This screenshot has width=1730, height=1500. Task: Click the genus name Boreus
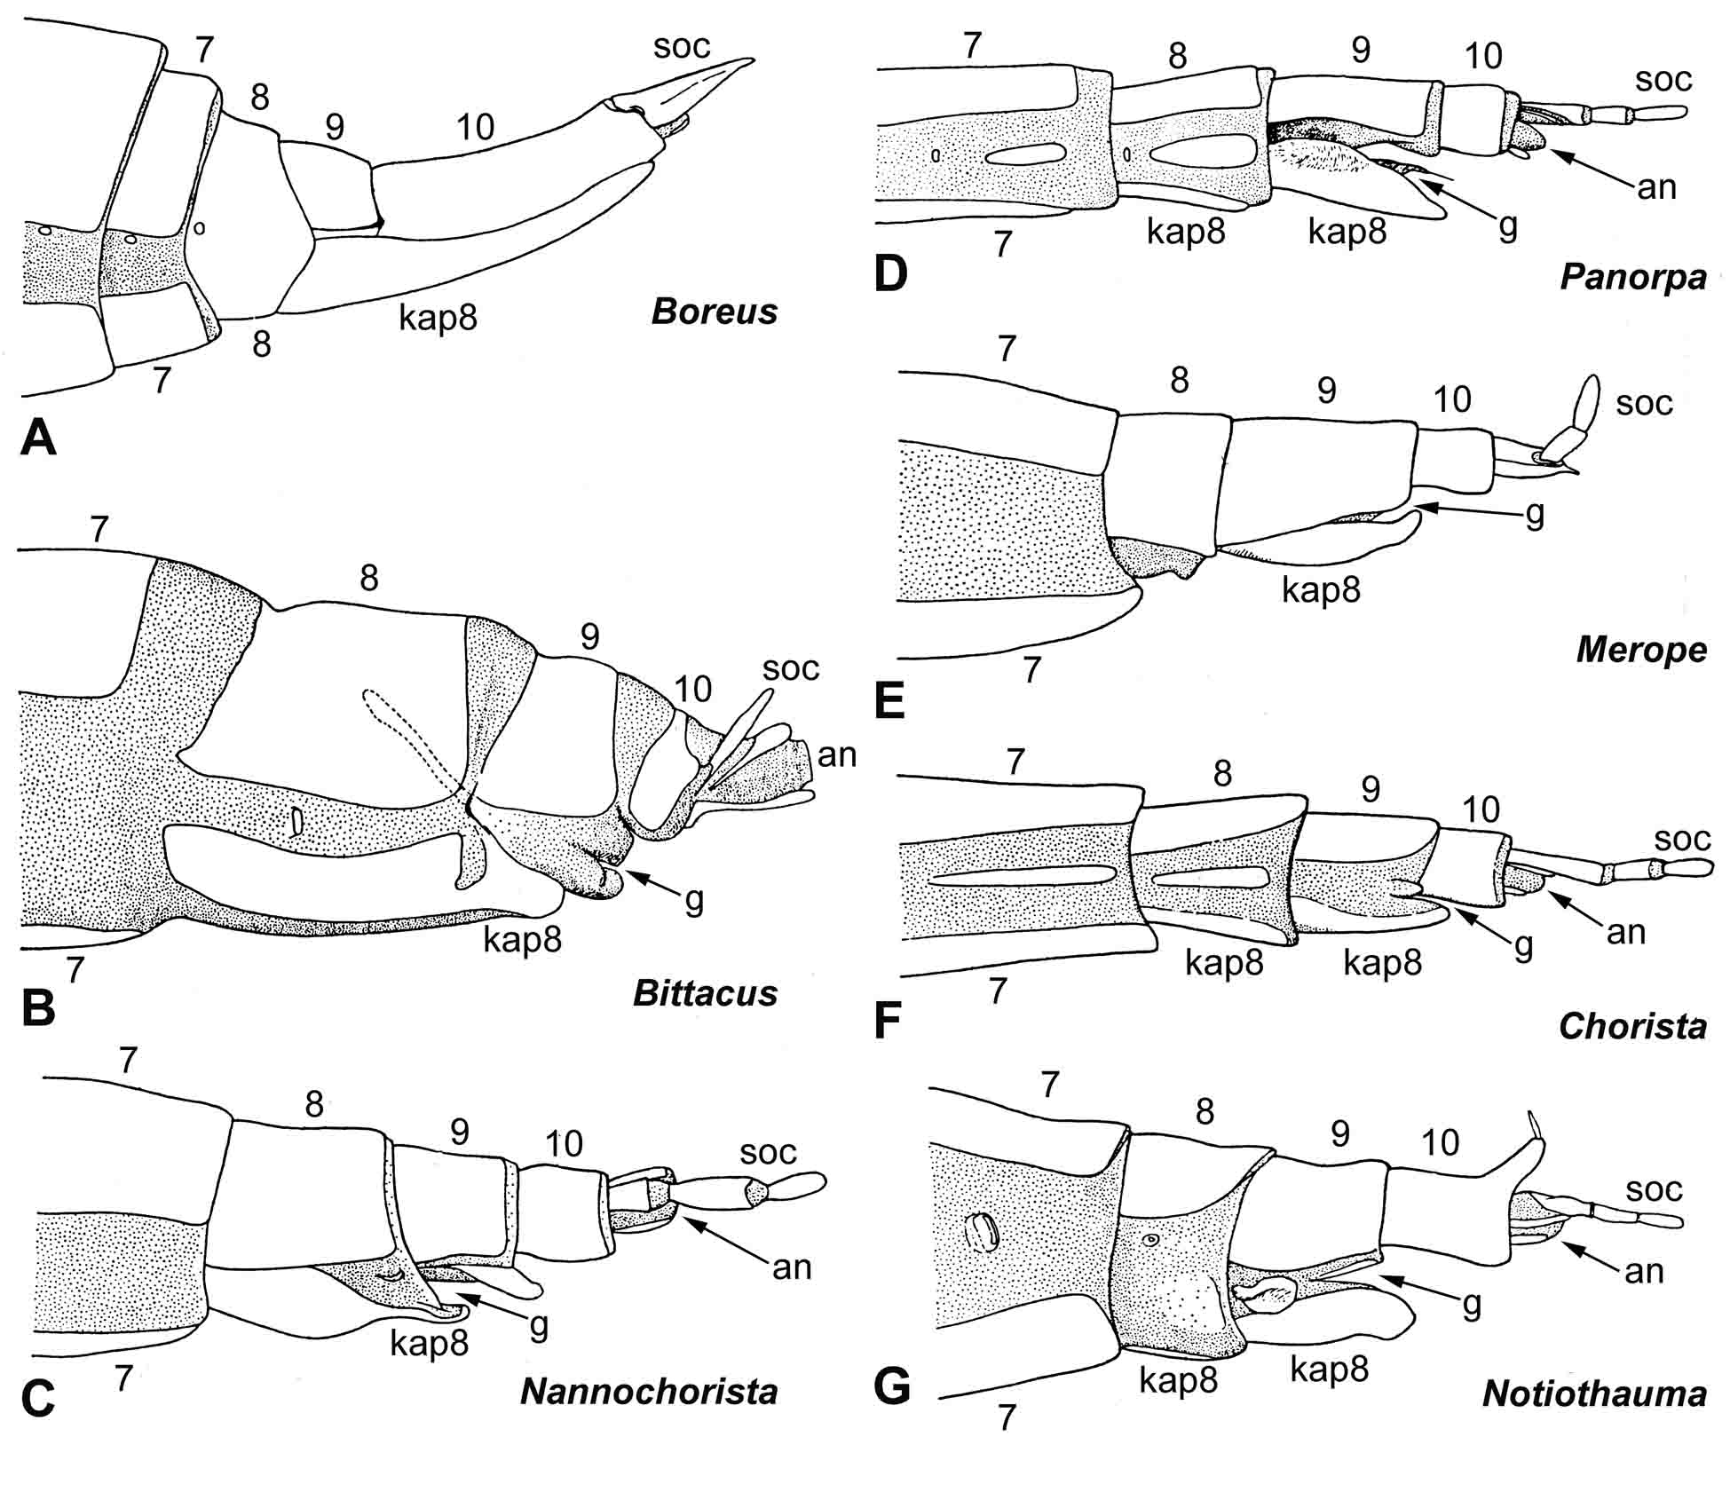[714, 312]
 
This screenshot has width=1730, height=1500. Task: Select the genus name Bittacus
[705, 992]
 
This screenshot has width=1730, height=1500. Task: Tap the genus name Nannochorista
[649, 1391]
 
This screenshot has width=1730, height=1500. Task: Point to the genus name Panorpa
[1633, 276]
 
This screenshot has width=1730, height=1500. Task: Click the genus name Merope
[1641, 649]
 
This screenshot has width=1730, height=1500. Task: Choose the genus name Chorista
[1632, 1026]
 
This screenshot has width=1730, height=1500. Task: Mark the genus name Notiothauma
[1594, 1393]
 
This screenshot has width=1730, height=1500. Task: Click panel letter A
[38, 438]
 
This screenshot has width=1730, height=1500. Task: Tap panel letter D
[890, 273]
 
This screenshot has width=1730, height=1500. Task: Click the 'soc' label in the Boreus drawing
[682, 46]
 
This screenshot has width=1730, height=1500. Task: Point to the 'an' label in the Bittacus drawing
[836, 755]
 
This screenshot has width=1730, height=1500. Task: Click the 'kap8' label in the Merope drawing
[1321, 589]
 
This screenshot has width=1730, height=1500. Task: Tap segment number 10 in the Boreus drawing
[475, 127]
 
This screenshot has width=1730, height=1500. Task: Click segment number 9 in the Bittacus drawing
[589, 636]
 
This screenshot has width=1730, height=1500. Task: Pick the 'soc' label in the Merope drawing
[1644, 403]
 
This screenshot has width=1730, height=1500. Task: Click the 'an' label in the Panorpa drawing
[1656, 187]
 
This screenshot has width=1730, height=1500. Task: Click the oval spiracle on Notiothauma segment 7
[982, 1232]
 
